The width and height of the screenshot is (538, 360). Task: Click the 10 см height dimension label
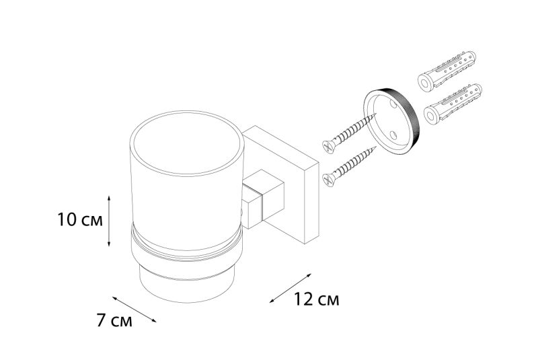[x=80, y=220]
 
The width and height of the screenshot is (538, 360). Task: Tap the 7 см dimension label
[x=114, y=321]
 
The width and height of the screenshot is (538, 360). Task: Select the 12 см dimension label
[x=316, y=299]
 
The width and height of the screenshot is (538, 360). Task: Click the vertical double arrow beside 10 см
[x=109, y=221]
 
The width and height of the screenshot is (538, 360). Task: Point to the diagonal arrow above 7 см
[x=134, y=310]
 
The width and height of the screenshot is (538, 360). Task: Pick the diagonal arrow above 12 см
[x=291, y=288]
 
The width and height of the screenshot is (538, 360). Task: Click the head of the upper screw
[x=329, y=147]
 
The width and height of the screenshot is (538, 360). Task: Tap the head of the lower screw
[x=329, y=180]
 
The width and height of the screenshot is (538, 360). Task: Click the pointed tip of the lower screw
[x=375, y=147]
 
